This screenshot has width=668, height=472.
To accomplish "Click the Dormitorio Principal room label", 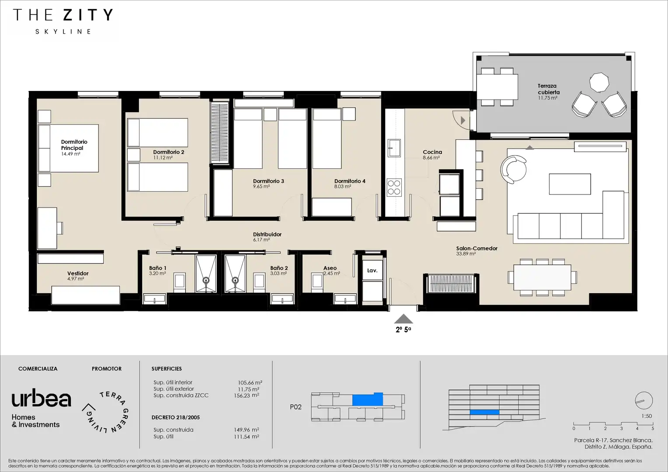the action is tap(74, 145).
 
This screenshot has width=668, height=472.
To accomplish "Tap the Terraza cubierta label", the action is tap(549, 89).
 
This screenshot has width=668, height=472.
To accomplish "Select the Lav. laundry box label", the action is tap(372, 271).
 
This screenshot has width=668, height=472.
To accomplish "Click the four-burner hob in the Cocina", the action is tap(394, 187).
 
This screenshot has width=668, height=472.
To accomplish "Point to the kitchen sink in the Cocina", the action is tap(394, 148).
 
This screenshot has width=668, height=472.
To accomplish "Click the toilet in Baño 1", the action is tap(180, 282).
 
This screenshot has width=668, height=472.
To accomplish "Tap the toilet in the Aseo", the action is tap(317, 282).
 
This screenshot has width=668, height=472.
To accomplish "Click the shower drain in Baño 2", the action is tap(235, 280).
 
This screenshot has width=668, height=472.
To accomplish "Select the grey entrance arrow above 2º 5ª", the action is tap(404, 319).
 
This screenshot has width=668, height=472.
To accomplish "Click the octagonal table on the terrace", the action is tap(599, 83).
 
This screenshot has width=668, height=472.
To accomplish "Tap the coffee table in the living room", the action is tap(570, 184).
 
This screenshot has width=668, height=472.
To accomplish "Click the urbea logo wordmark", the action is tap(42, 398).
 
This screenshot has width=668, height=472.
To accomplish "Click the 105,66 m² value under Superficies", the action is tap(250, 382).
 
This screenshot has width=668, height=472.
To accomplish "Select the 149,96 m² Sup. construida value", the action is tap(246, 430).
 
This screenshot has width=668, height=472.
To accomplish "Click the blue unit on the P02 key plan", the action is tap(367, 399).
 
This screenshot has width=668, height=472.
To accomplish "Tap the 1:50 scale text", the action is tap(647, 416).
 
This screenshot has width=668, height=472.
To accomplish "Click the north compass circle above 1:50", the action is tap(644, 400).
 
